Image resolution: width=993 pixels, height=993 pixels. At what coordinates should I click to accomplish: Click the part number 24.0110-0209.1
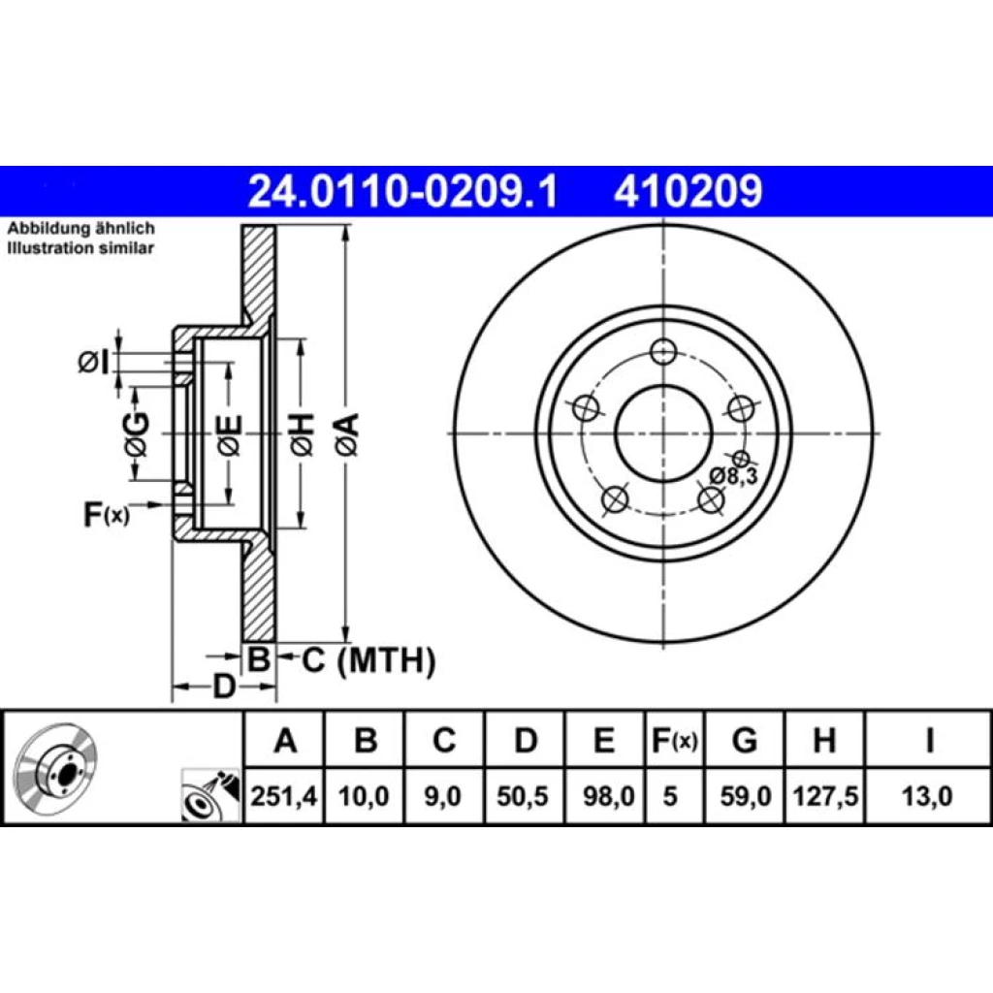pos(402,191)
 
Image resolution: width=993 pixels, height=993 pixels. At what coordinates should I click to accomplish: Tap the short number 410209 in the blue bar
pos(688,191)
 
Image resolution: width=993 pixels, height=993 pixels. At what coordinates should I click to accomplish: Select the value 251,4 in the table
pos(284,796)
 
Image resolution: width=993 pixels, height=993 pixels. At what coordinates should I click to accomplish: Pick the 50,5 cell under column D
pos(523,796)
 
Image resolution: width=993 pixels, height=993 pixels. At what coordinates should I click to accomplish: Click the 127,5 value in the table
pos(825,796)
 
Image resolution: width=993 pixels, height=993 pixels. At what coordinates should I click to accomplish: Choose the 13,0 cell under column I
pos(927,796)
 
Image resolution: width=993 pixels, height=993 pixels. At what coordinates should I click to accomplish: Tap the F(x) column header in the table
pos(675,740)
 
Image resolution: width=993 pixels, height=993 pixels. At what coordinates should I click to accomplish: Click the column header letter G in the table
pos(745,740)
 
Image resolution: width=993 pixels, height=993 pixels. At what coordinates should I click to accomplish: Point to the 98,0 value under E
pos(608,796)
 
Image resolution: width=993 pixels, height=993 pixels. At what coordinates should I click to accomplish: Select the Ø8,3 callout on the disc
pos(733,476)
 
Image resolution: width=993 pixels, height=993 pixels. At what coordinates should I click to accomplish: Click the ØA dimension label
pos(348,434)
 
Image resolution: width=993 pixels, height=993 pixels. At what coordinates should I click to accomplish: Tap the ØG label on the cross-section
pos(137,434)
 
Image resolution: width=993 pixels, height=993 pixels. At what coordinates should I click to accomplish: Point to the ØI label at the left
pos(94,363)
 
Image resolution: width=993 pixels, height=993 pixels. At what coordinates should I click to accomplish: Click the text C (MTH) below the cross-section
pos(368,660)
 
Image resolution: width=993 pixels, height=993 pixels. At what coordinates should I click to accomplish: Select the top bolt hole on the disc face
pos(663,351)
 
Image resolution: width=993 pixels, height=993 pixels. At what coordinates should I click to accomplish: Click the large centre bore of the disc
pos(663,433)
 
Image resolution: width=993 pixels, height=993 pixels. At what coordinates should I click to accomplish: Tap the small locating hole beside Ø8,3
pos(741,459)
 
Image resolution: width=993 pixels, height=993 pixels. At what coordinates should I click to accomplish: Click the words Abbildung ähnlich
pos(81,229)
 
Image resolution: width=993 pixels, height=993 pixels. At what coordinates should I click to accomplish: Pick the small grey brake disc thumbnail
pos(55,768)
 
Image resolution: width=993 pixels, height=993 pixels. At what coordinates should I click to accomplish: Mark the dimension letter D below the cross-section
pos(223,687)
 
